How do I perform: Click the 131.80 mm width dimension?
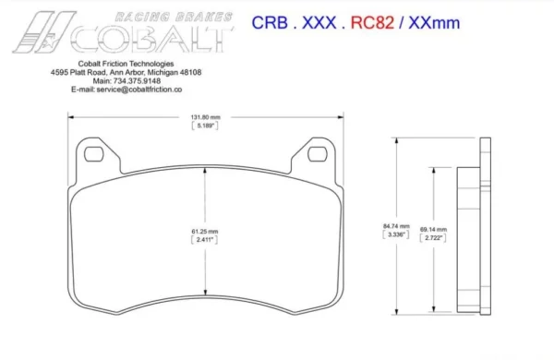tap(205, 117)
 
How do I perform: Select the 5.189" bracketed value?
tap(205, 126)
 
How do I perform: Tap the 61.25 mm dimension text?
tap(205, 232)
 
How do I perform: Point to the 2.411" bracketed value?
tap(205, 239)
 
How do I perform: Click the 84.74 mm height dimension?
tap(396, 226)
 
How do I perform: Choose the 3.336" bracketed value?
tap(396, 234)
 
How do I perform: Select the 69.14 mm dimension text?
tap(434, 230)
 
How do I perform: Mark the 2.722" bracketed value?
tap(433, 238)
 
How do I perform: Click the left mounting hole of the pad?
tap(93, 154)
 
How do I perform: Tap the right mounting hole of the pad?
tap(318, 154)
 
